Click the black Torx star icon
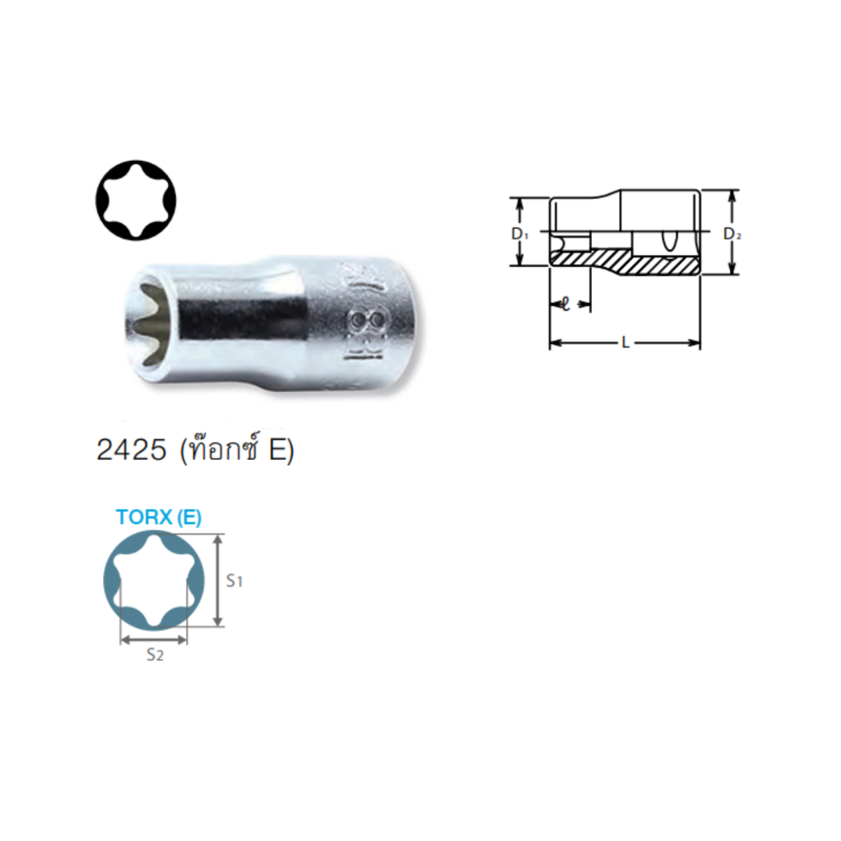coord(136,201)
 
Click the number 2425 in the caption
coord(131,450)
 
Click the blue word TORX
coord(144,517)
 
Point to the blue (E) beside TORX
coord(189,517)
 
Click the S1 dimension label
coord(234,581)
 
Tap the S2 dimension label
coord(155,655)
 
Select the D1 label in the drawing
coord(520,234)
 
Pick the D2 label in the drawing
coord(732,234)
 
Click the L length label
coord(626,343)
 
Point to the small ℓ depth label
coord(566,304)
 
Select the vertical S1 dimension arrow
coord(218,580)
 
